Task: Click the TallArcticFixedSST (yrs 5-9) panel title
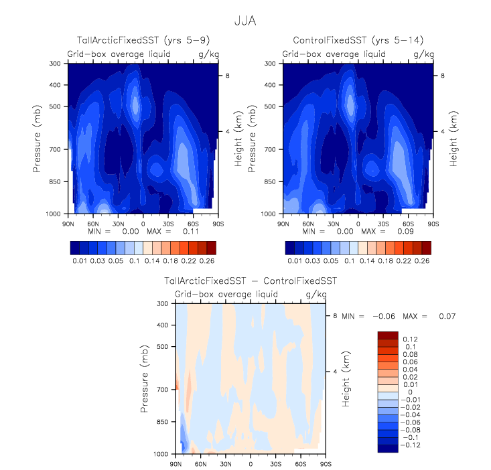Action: tap(143, 42)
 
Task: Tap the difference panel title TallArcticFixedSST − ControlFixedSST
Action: tap(250, 282)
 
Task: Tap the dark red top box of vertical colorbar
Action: tap(388, 334)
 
